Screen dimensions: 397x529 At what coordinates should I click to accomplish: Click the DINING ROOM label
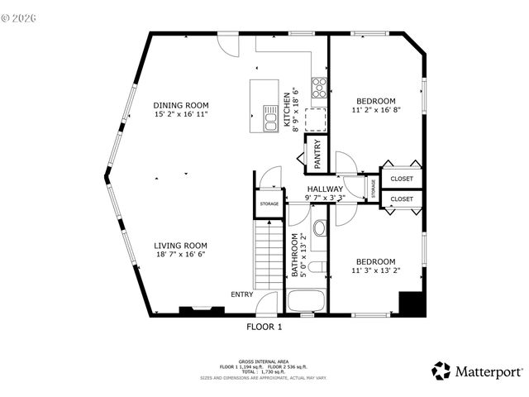(180, 105)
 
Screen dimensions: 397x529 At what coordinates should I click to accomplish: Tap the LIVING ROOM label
(180, 246)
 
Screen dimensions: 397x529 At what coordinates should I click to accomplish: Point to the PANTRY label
(317, 155)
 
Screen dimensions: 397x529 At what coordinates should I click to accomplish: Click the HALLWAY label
(325, 189)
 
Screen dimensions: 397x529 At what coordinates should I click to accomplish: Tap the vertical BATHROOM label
(293, 256)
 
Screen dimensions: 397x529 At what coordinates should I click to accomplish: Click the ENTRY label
(242, 294)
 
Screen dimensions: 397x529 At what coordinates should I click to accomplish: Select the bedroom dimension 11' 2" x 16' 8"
(376, 109)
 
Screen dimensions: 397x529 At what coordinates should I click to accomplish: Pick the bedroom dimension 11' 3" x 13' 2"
(375, 269)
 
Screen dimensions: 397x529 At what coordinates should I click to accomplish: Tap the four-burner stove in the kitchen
(318, 87)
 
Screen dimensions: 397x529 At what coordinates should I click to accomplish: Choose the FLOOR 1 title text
(264, 327)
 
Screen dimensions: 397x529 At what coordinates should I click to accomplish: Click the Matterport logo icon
(441, 371)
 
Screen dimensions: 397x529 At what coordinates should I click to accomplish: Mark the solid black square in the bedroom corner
(411, 304)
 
